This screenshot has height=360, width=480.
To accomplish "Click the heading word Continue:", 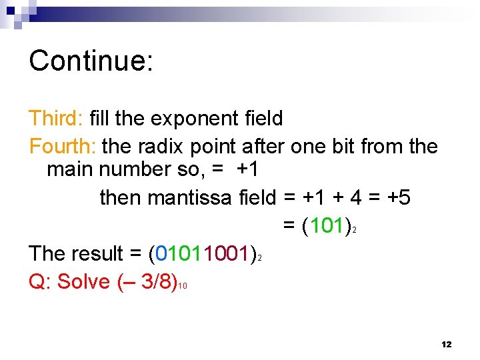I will point(91,61).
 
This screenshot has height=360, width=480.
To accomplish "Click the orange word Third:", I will point(55,119).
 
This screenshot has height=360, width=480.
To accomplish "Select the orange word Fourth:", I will point(63,146).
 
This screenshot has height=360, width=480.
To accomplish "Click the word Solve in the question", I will point(84,281).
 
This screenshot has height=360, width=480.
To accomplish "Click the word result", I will point(97,253).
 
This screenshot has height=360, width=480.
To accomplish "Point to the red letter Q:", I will point(41,281).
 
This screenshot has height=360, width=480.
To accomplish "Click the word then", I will point(121,197).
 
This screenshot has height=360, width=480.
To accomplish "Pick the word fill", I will point(99,119).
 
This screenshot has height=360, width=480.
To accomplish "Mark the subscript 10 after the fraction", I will point(183,287).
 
